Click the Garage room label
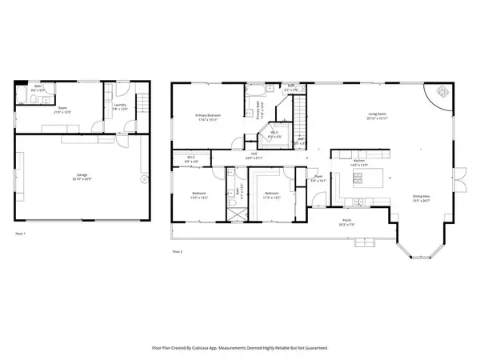[x=82, y=175]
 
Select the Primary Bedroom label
[x=208, y=117]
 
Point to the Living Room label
[x=378, y=117]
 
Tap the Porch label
[x=347, y=222]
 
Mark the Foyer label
[x=318, y=178]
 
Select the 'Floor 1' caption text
[x=22, y=234]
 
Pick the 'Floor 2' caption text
[x=178, y=253]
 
